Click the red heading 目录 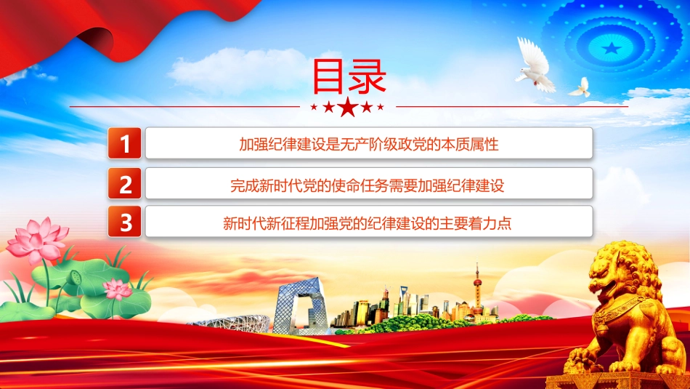click(x=349, y=76)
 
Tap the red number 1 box click(x=124, y=143)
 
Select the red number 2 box click(x=124, y=183)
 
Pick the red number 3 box click(x=124, y=221)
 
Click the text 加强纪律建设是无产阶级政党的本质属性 click(x=369, y=144)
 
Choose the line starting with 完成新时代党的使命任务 click(x=367, y=185)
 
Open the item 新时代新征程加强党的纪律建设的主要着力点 click(x=367, y=223)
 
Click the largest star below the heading click(x=348, y=107)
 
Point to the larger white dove click(x=535, y=66)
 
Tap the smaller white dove click(x=581, y=88)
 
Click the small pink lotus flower click(x=117, y=289)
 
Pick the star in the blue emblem click(x=612, y=48)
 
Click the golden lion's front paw click(x=581, y=356)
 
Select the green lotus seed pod click(x=76, y=277)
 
